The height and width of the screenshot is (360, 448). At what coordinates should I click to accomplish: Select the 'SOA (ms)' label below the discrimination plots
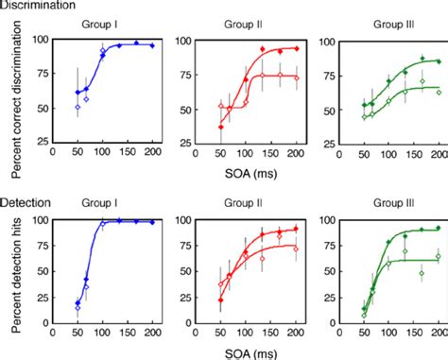pos(249,176)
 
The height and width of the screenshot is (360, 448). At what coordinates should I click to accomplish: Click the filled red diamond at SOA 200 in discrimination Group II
pos(297,48)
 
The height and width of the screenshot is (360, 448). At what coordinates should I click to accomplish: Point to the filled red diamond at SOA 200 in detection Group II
pos(297,229)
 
